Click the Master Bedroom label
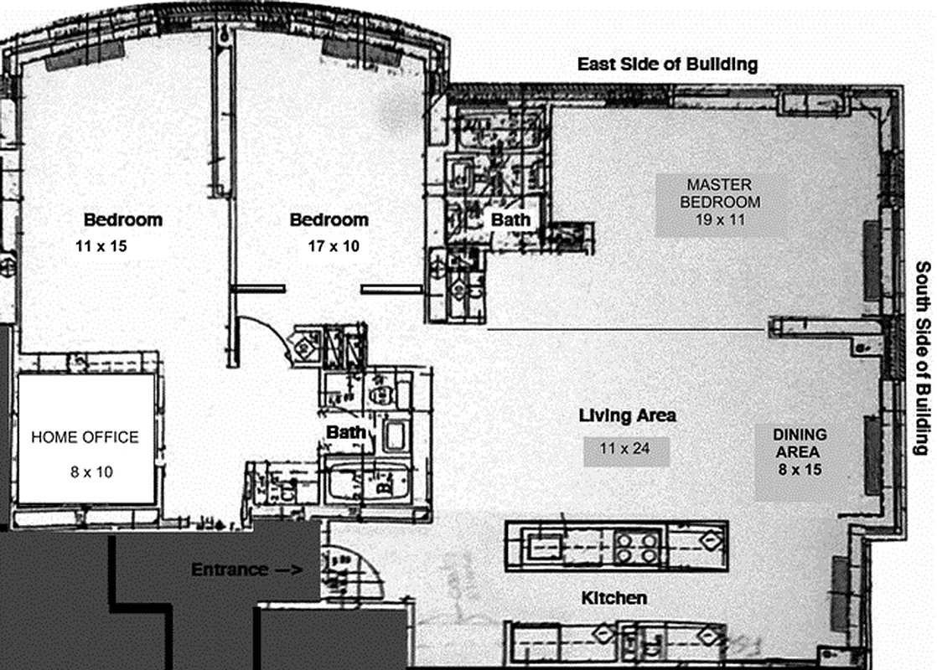(x=720, y=193)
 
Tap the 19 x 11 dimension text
(x=720, y=220)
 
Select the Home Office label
(x=85, y=437)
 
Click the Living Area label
(x=628, y=415)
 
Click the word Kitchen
(x=614, y=598)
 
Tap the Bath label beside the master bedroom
(x=510, y=219)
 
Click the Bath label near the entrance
(x=346, y=433)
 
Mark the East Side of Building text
(x=667, y=64)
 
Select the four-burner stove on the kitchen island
(x=637, y=547)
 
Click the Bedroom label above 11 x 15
(x=123, y=220)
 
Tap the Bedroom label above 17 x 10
(x=329, y=220)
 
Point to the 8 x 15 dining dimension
(x=800, y=470)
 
